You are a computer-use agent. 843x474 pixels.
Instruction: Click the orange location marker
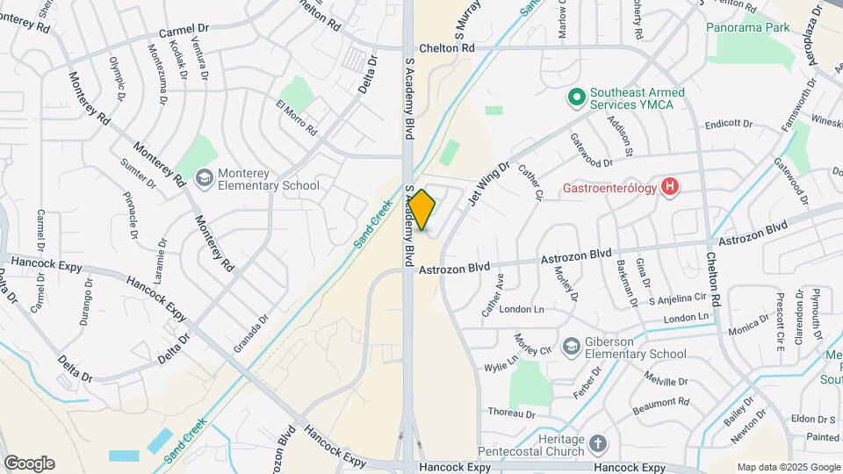tap(422, 210)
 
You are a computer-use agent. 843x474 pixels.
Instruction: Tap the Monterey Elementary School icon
tap(205, 178)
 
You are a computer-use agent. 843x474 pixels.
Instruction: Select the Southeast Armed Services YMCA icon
tap(576, 96)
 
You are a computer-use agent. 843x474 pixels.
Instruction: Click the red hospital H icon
tap(671, 186)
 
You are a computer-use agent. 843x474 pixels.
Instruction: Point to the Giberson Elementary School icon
tap(572, 347)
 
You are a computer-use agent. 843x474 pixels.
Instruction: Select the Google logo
tap(29, 463)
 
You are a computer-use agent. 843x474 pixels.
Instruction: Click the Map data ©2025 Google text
tap(787, 467)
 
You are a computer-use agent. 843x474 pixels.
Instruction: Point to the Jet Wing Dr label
tap(489, 183)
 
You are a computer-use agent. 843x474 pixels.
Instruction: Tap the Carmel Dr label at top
tap(182, 32)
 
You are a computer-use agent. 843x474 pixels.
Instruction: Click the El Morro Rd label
tap(296, 118)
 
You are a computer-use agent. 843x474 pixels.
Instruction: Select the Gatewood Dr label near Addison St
tap(591, 150)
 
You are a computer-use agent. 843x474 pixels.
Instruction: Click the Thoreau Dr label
tap(512, 413)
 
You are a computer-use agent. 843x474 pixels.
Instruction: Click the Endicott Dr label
tap(728, 125)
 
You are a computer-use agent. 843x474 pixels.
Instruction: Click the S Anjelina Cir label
tap(677, 299)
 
